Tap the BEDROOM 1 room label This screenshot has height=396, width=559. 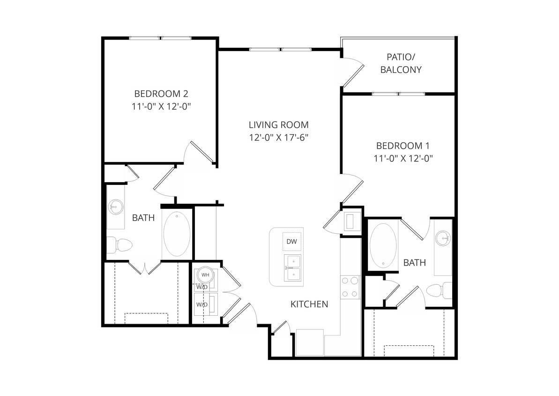[x=402, y=145]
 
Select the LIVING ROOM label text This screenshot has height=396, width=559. [x=278, y=125]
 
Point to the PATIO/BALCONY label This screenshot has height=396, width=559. [x=401, y=63]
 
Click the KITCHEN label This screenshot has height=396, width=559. [x=309, y=304]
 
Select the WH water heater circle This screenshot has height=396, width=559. [x=205, y=274]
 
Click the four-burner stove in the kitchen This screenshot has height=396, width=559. [x=350, y=287]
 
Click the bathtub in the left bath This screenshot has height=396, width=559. [x=177, y=234]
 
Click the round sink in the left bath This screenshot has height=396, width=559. [x=115, y=206]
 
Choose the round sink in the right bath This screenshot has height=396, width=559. [x=442, y=239]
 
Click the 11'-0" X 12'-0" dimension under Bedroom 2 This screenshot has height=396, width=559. [x=162, y=107]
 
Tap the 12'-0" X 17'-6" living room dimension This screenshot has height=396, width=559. [x=278, y=137]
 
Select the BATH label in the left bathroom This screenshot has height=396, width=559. [x=143, y=218]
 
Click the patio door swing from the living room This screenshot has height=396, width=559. [x=352, y=72]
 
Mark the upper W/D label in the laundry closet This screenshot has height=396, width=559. [x=202, y=287]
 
